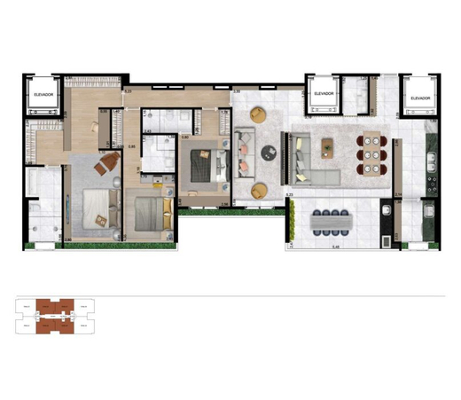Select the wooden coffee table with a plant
tap(328, 145)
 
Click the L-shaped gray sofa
tap(306, 160)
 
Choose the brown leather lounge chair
tap(110, 161)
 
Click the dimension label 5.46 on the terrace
tap(334, 247)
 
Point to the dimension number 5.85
tap(131, 146)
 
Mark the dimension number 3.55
tap(237, 92)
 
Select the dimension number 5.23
tap(128, 91)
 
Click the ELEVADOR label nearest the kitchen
tap(418, 98)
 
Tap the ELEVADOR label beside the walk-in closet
tap(43, 94)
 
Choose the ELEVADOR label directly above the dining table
tap(324, 94)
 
